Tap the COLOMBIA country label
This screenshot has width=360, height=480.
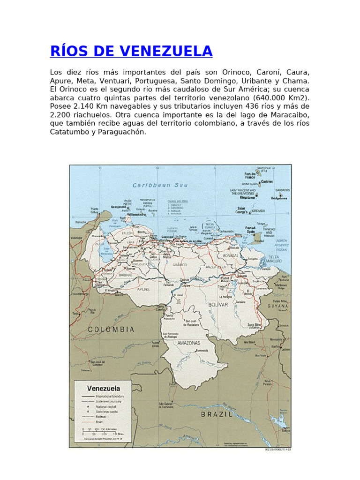pos(111,330)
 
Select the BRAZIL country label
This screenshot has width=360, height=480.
pos(217,414)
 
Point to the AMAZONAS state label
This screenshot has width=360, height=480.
pos(189,343)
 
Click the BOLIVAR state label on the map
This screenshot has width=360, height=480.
pos(218,305)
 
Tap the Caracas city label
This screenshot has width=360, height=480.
pos(167,237)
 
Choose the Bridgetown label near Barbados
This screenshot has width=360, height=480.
pos(279,198)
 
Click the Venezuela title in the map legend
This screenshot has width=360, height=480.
pos(103,388)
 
